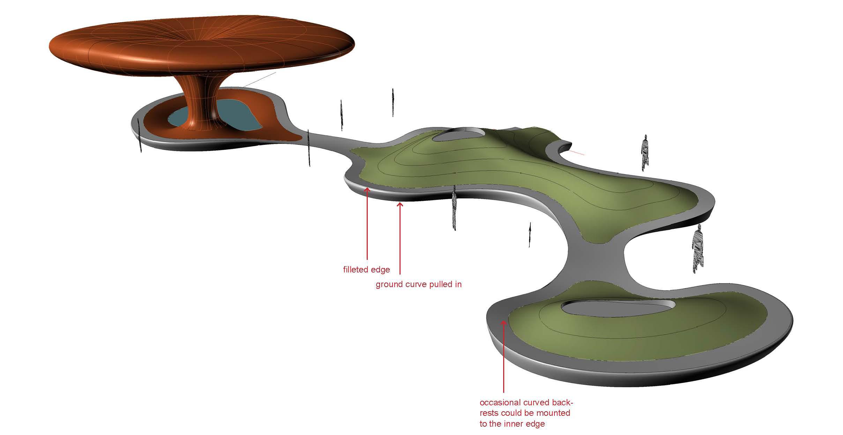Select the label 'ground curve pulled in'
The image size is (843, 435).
[418, 284]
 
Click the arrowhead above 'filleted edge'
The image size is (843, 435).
[367, 190]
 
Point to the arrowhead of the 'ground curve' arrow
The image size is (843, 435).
[400, 205]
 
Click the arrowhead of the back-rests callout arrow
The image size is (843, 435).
[503, 323]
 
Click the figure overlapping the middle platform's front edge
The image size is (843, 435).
[454, 208]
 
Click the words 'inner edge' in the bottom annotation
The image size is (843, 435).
[524, 424]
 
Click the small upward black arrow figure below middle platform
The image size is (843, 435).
[530, 234]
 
